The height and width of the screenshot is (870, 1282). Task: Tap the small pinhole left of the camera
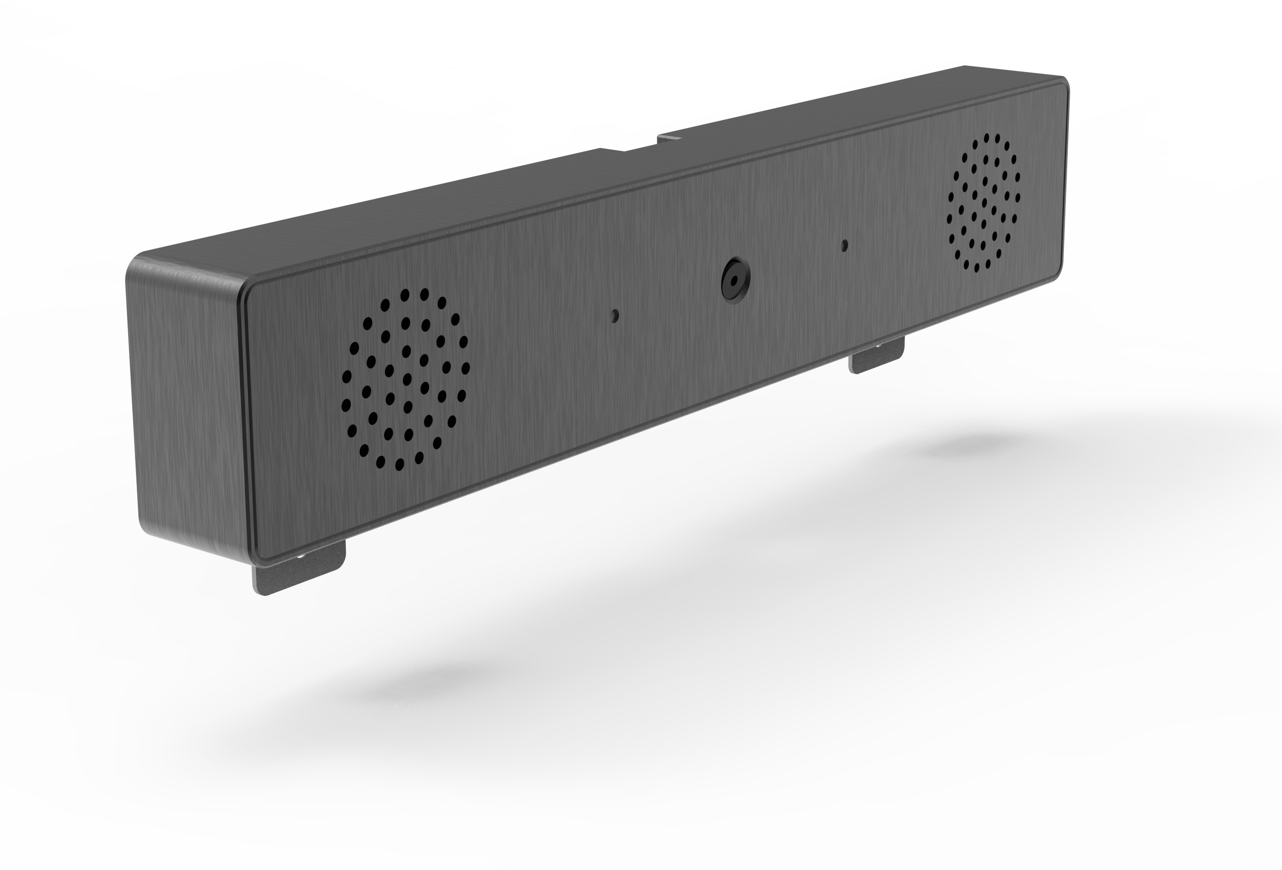pos(614,316)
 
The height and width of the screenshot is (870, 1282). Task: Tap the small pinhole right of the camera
pos(844,245)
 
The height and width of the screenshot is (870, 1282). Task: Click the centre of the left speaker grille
pos(407,379)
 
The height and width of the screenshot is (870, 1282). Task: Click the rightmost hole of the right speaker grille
pos(1018,197)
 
